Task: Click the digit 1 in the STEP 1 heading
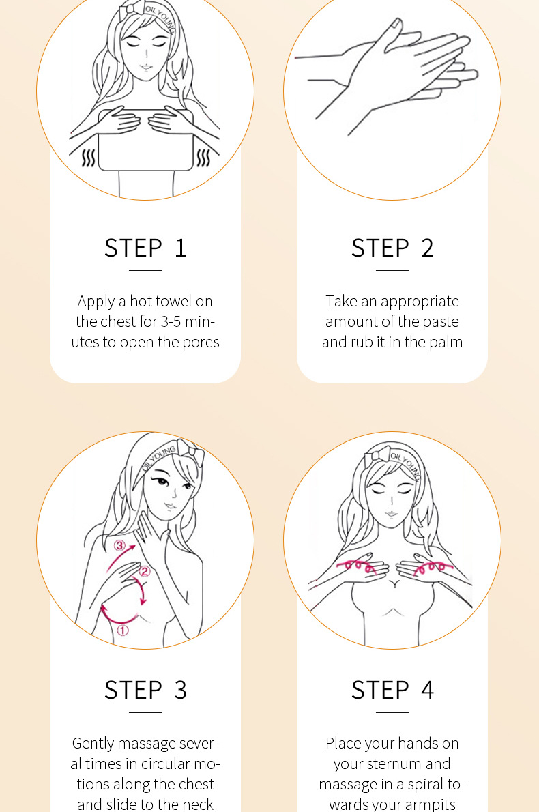click(180, 248)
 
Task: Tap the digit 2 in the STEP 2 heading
click(427, 248)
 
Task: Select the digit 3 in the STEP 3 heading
click(180, 690)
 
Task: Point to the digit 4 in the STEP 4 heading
click(427, 690)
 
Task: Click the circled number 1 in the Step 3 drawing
click(123, 630)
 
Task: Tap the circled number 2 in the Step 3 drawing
click(145, 571)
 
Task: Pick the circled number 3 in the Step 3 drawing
click(119, 545)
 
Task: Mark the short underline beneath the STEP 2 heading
click(392, 270)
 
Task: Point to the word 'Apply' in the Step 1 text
click(96, 302)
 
